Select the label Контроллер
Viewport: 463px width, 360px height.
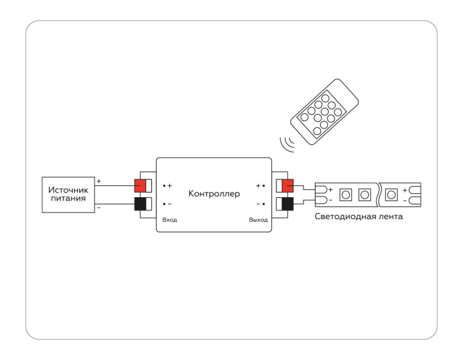(x=214, y=195)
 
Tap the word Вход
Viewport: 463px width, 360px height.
(x=170, y=220)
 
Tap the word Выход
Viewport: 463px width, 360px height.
(x=259, y=220)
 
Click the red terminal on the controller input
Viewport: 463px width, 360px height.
(x=140, y=186)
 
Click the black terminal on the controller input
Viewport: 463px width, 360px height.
(x=140, y=204)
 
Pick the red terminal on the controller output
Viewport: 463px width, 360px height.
(x=288, y=186)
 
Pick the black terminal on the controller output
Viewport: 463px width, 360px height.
(x=288, y=204)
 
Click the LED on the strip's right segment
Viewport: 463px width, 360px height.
(x=391, y=195)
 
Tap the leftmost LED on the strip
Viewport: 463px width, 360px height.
(x=345, y=195)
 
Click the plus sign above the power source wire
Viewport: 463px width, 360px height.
(x=99, y=181)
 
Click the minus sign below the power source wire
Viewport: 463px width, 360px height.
(x=99, y=208)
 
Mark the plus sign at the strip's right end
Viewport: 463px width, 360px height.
(x=405, y=190)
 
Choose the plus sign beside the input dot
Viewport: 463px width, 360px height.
(x=170, y=186)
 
